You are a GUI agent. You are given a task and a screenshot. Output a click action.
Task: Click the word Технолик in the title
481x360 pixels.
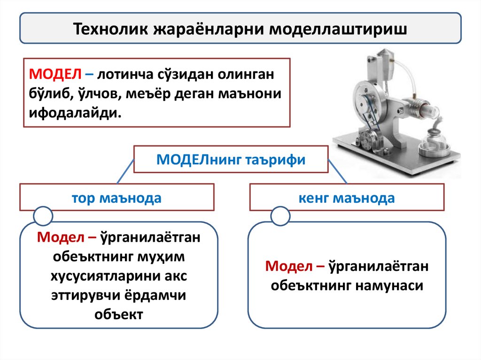(110, 29)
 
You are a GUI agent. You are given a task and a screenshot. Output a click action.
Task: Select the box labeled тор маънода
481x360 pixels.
(116, 198)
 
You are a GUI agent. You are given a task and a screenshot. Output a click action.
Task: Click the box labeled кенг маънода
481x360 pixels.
(347, 198)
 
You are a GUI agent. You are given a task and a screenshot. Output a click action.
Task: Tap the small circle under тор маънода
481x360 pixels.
(43, 215)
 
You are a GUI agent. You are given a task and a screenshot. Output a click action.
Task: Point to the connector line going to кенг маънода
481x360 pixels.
(338, 171)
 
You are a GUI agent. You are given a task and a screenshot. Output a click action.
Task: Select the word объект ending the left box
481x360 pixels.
(118, 314)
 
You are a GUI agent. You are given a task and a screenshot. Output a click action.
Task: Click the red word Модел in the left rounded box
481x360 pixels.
(57, 237)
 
